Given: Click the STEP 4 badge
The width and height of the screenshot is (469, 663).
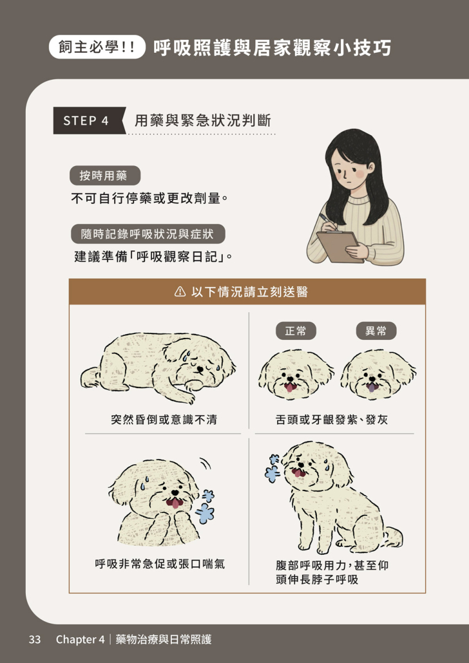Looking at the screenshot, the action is (x=89, y=120).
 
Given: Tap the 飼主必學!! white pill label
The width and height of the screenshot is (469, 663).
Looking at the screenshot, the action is (x=97, y=47).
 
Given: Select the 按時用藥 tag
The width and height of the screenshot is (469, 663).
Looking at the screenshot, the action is (x=104, y=176).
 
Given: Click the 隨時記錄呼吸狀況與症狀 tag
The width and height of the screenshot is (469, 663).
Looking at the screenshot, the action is (x=148, y=234).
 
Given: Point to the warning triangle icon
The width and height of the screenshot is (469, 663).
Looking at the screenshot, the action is (x=180, y=292).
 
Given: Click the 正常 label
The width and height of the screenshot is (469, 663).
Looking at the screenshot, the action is (x=296, y=331).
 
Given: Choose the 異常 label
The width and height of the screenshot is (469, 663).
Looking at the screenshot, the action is (x=376, y=331).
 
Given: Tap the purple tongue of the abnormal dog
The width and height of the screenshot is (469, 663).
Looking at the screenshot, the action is (x=371, y=388).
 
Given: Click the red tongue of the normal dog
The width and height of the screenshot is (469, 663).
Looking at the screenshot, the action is (x=290, y=387).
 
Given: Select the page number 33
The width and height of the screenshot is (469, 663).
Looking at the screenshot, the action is (x=35, y=639).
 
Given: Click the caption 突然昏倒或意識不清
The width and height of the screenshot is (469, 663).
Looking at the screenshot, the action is (x=164, y=420).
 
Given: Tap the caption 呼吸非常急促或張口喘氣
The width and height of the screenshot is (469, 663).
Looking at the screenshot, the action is (x=160, y=564).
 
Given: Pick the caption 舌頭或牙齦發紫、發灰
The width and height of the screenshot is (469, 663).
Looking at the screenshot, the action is (x=331, y=420).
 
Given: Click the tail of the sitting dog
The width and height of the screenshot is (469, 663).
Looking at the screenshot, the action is (x=393, y=537).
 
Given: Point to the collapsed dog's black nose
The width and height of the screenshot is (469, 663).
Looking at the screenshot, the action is (x=200, y=369).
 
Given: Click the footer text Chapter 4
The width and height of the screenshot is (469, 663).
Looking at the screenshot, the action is (x=80, y=639).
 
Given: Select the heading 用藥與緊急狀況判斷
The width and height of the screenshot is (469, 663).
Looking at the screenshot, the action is (x=203, y=121).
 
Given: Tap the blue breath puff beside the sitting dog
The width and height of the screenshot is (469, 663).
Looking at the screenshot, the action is (x=272, y=469).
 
